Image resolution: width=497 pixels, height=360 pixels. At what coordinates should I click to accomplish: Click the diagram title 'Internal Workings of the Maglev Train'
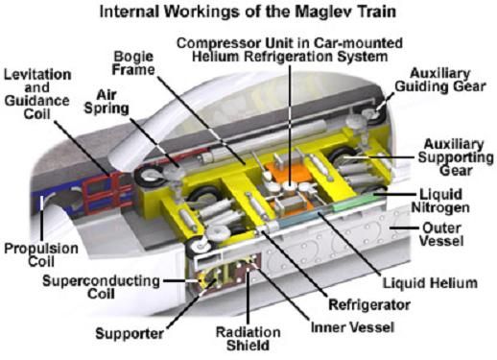[x=248, y=12]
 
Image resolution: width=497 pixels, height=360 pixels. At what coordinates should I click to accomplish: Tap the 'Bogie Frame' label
[x=133, y=63]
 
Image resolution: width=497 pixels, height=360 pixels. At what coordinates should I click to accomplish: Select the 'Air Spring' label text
[x=106, y=102]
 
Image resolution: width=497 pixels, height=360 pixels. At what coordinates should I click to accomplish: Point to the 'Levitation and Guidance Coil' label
[x=37, y=94]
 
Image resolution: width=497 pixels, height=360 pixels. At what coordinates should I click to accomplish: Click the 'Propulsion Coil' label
[x=41, y=255]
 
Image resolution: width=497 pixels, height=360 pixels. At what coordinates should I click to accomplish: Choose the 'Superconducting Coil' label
[x=101, y=287]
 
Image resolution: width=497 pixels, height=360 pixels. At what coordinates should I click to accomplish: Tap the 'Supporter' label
[x=130, y=334]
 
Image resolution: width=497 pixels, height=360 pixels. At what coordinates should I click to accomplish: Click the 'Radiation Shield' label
[x=248, y=339]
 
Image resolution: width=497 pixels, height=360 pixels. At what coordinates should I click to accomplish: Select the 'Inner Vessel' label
[x=352, y=327]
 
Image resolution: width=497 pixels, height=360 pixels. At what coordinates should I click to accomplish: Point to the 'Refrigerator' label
[x=369, y=305]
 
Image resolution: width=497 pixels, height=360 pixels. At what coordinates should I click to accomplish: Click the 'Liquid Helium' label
[x=430, y=283]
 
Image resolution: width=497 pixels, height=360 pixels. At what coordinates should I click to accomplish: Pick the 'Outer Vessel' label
[x=441, y=234]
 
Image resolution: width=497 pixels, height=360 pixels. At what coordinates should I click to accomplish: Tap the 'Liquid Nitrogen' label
[x=440, y=201]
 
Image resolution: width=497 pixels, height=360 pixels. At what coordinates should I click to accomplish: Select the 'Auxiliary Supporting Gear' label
[x=456, y=157]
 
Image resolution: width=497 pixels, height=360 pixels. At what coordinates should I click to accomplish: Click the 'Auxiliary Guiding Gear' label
[x=440, y=80]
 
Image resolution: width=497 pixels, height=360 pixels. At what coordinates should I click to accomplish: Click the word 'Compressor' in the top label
[x=219, y=43]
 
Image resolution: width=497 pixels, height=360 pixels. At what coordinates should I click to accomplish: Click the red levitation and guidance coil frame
[x=101, y=194]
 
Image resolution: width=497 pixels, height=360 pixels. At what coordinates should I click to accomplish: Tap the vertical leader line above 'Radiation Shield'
[x=248, y=295]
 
